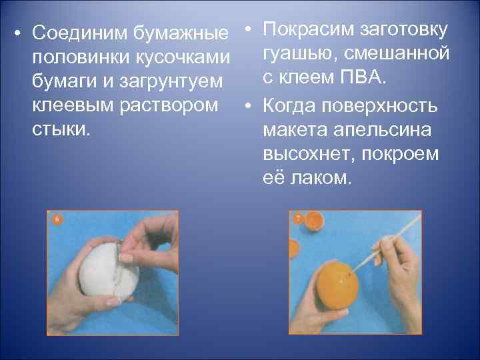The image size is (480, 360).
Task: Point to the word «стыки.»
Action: point(61,129)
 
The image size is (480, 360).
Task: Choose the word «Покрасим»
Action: point(308,30)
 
